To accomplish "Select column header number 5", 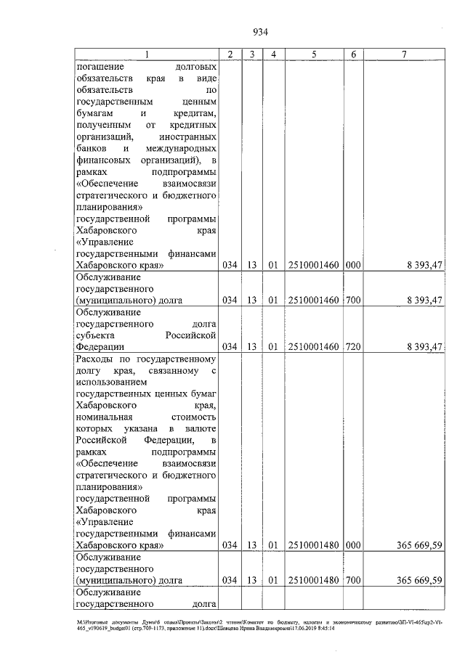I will click(314, 54).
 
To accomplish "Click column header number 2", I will click(230, 54).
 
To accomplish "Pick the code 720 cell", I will click(353, 346).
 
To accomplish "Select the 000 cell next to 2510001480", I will click(353, 544).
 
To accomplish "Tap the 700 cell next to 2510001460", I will click(353, 299).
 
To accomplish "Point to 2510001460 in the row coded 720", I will click(314, 346).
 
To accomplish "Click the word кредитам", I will click(192, 113).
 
